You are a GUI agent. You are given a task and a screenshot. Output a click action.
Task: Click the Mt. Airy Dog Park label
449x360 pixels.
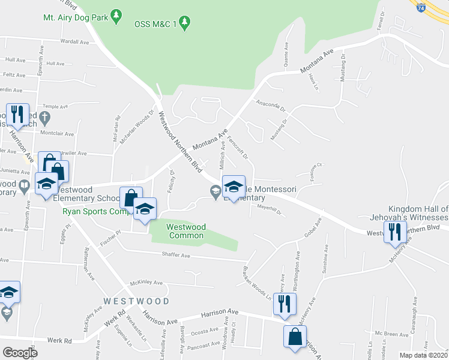[x=75, y=17]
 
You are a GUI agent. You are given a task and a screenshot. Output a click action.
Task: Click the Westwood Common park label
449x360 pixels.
[x=185, y=231]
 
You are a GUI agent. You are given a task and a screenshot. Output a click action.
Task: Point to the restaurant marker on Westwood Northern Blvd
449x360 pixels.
[x=394, y=231]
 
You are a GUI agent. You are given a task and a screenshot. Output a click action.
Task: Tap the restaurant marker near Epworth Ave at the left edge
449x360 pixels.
[x=16, y=113]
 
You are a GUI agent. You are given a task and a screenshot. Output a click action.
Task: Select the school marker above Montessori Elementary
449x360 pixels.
[x=234, y=187]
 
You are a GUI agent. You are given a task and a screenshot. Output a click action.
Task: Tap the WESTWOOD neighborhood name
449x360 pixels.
[x=136, y=300]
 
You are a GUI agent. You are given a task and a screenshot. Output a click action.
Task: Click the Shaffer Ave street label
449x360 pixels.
[x=175, y=256]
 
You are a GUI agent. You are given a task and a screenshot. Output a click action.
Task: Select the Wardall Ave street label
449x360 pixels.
[x=74, y=42]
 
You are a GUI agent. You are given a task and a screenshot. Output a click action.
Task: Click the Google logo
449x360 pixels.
[x=20, y=352]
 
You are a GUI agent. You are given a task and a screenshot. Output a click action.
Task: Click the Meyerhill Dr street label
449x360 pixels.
[x=269, y=211]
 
